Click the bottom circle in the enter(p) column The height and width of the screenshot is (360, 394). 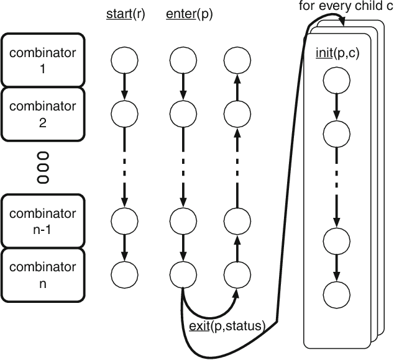click(x=181, y=273)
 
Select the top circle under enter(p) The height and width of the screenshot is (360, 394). click(x=181, y=60)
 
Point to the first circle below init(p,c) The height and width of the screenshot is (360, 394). click(x=336, y=81)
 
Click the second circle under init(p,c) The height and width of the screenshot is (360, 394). click(x=336, y=133)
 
